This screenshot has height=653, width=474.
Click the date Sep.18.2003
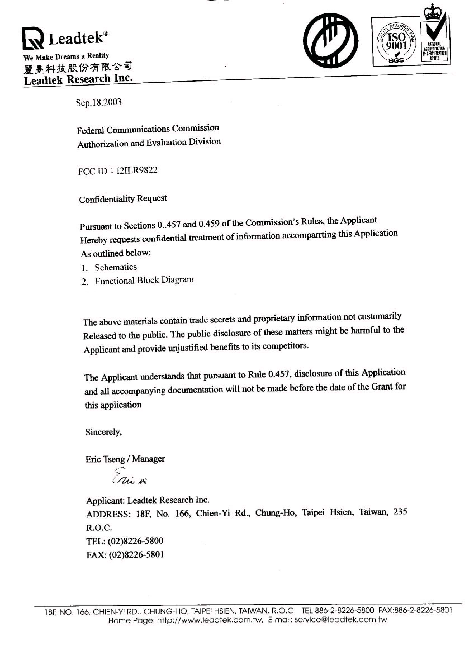[x=99, y=103]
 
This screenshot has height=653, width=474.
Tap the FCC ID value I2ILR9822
[x=137, y=170]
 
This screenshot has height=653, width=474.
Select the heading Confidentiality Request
[x=123, y=199]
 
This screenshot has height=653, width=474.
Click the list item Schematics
[x=116, y=267]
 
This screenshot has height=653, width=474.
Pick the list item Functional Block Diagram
[x=144, y=280]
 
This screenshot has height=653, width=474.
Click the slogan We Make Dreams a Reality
[x=66, y=56]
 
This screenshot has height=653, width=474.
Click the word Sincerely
[x=104, y=432]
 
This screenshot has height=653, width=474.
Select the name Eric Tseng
[x=105, y=459]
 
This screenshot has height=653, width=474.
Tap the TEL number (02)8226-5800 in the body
[x=136, y=541]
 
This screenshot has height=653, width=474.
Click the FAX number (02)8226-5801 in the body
[x=136, y=555]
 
